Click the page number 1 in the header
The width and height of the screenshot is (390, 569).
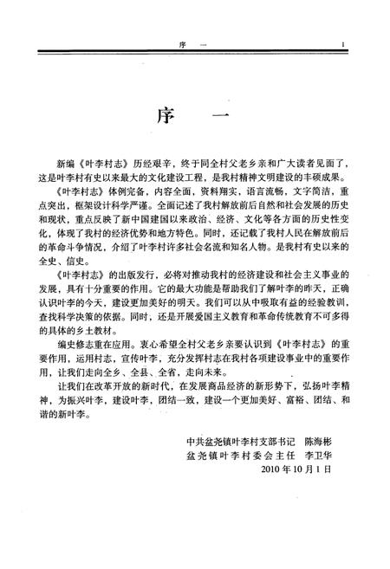(x=344, y=46)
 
